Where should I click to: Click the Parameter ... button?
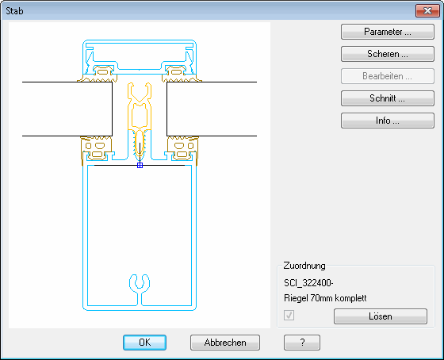click(388, 32)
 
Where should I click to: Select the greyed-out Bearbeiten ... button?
click(388, 76)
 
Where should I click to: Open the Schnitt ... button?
click(388, 98)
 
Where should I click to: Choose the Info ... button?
click(388, 121)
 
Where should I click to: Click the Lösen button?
click(381, 316)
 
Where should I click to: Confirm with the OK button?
click(144, 343)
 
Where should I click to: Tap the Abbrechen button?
click(225, 343)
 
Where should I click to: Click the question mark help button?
click(302, 343)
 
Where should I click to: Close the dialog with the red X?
click(427, 11)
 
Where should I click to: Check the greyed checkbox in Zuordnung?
click(289, 315)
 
